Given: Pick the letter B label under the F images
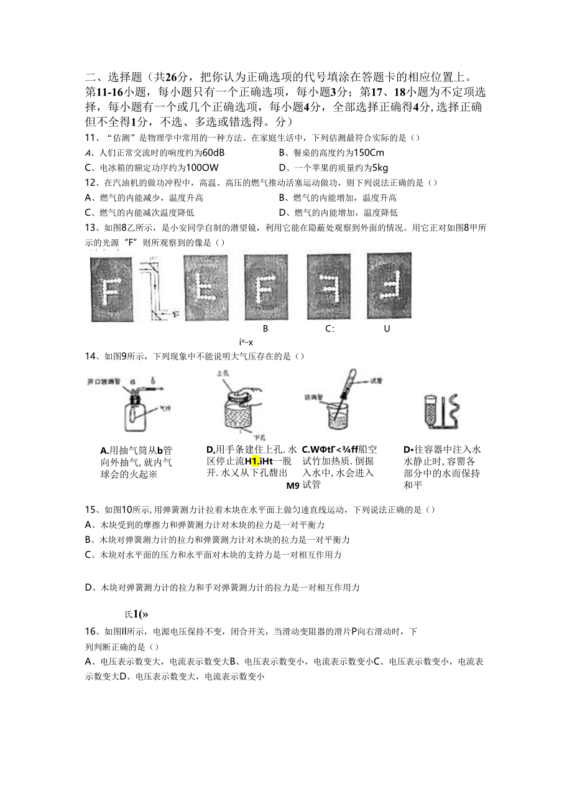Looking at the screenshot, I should pyautogui.click(x=265, y=329).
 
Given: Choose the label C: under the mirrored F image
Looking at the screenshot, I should pyautogui.click(x=330, y=329).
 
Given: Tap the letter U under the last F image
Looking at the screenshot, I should pyautogui.click(x=387, y=329).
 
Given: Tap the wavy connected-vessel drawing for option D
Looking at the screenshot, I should pyautogui.click(x=442, y=410).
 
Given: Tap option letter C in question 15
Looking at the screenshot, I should pyautogui.click(x=88, y=555).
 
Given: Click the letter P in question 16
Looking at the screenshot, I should pyautogui.click(x=354, y=632).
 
